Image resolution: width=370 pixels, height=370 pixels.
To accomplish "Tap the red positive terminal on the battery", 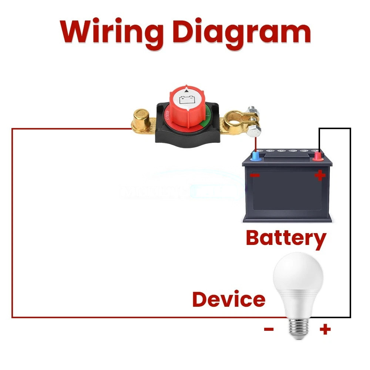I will pyautogui.click(x=317, y=157).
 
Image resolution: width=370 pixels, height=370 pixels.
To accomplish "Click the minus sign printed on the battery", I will pyautogui.click(x=255, y=175).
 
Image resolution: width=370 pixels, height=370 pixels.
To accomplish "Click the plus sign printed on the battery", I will pyautogui.click(x=320, y=175).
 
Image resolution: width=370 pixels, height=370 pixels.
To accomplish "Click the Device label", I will pyautogui.click(x=229, y=299).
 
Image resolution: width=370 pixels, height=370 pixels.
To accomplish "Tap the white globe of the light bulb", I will pyautogui.click(x=298, y=281).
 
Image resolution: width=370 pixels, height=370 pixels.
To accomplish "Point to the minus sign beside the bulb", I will pyautogui.click(x=269, y=329).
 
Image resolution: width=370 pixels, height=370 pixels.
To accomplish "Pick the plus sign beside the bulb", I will pyautogui.click(x=325, y=329).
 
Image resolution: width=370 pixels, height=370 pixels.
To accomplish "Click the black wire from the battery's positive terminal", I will pyautogui.click(x=350, y=222).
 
